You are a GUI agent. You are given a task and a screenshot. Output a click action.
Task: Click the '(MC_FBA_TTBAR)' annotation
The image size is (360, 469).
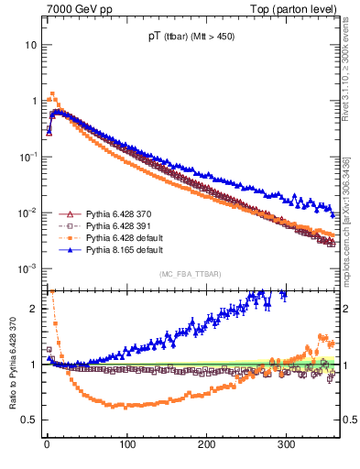pos(188,274)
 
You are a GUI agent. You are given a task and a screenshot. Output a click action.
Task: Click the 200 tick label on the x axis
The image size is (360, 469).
pos(207,444)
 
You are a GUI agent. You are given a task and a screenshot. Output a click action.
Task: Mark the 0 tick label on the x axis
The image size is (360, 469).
pos(47,444)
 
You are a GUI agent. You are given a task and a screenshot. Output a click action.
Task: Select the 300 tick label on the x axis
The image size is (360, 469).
pos(287,444)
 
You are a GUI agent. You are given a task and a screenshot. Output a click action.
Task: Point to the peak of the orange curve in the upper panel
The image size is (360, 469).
pos(53,93)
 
